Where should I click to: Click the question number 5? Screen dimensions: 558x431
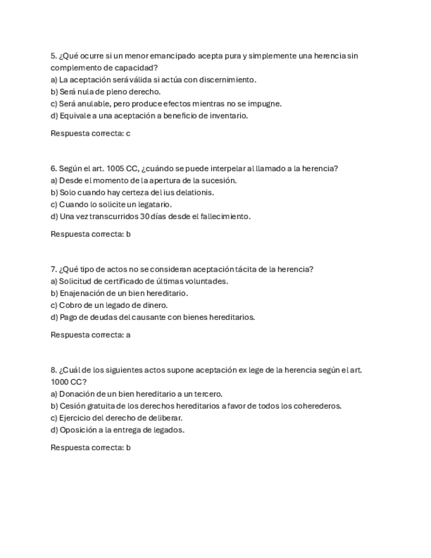coord(53,56)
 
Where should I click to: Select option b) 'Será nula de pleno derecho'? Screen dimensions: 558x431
coord(105,91)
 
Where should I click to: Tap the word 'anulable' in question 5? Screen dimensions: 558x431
coord(95,103)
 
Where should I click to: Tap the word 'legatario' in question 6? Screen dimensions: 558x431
coord(154,204)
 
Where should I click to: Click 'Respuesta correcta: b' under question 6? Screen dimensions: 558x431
coord(90,234)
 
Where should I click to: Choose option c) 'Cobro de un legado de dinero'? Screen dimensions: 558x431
coord(109,305)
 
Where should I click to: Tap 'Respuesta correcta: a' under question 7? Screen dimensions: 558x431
coord(90,334)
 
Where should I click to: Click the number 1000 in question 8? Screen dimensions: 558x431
coord(61,382)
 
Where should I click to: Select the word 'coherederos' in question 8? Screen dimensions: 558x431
coord(318,405)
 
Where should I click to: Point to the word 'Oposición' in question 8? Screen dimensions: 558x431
coord(77,430)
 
